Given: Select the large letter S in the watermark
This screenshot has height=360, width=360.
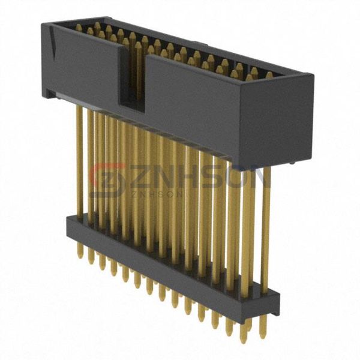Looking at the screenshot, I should (210, 177).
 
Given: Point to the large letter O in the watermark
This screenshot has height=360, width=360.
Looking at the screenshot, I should (237, 177).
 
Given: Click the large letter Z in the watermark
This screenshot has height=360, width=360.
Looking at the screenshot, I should (136, 177).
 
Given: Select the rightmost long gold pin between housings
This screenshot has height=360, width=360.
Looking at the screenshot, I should (266, 228).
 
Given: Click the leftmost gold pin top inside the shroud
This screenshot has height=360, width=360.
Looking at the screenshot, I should (79, 28).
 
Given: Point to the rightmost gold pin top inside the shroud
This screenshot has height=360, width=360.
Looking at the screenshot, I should (269, 75).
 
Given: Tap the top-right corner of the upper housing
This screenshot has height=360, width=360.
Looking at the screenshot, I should (311, 75).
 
